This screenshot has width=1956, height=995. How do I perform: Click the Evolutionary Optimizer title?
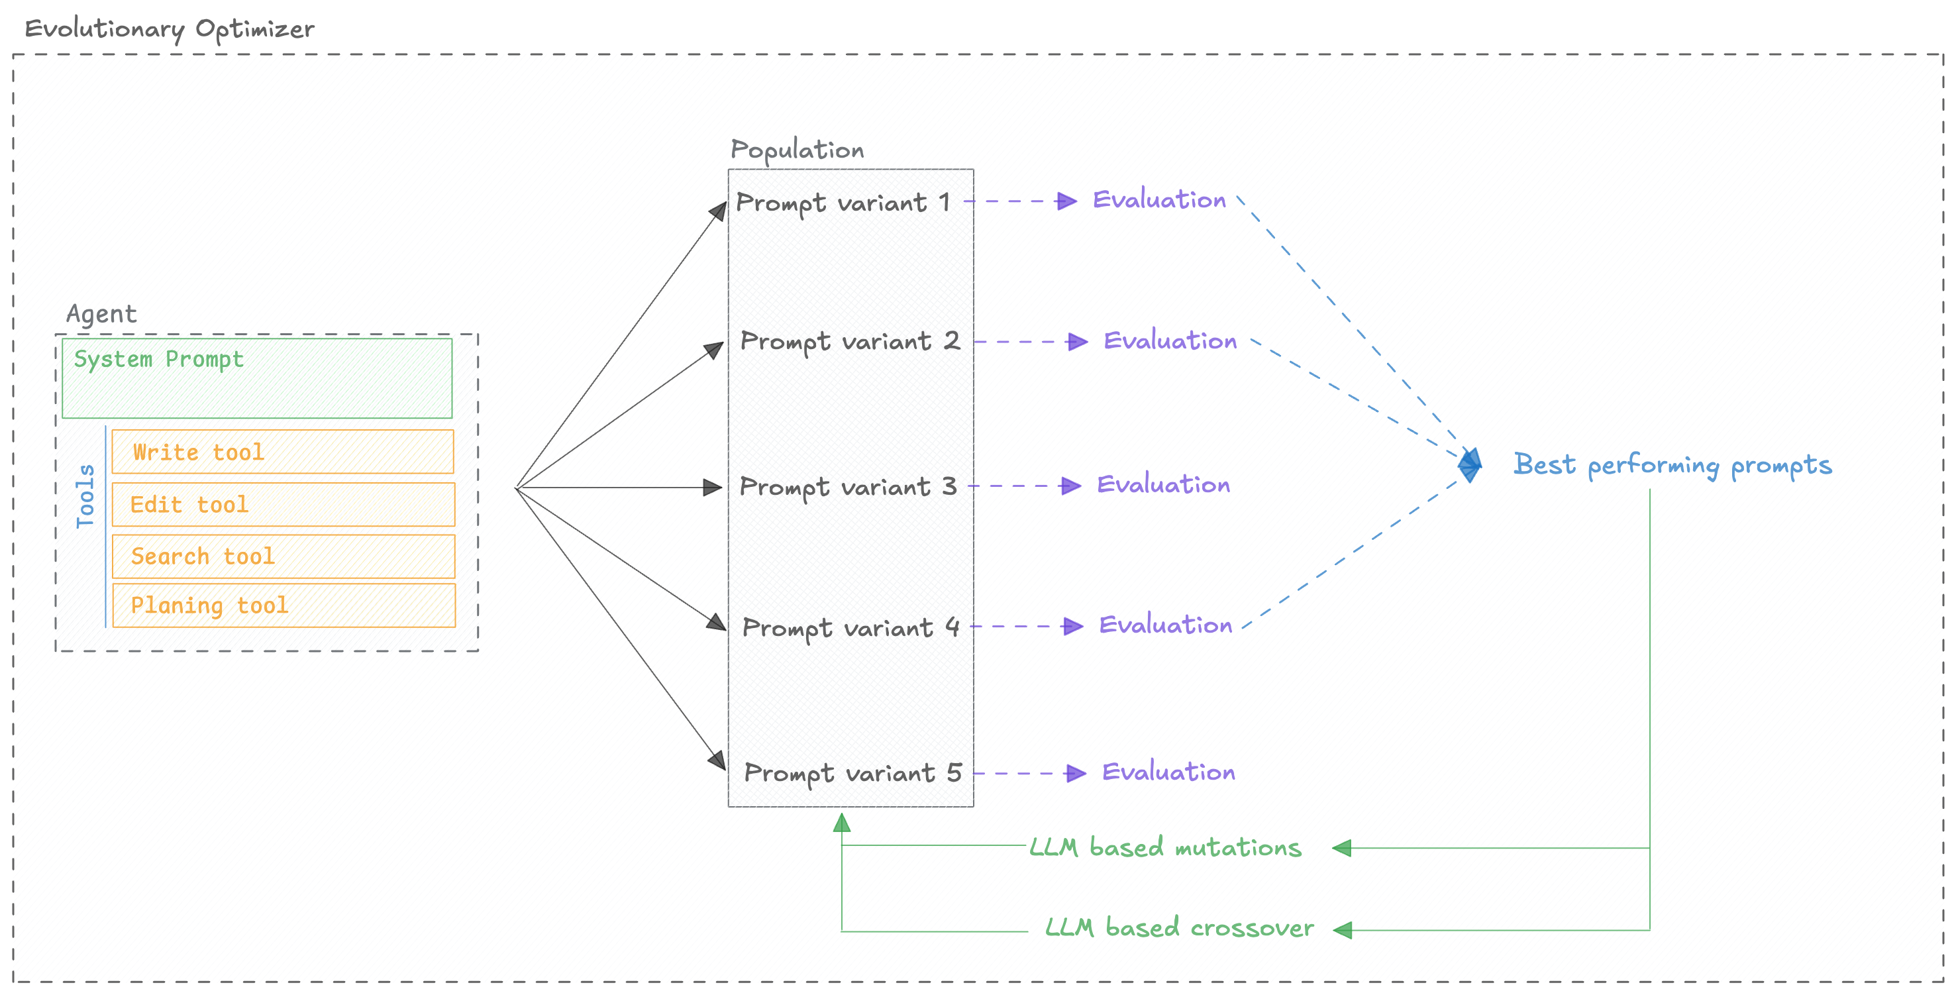(170, 29)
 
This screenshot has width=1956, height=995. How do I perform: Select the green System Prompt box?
(256, 378)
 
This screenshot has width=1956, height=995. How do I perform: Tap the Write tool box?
(282, 452)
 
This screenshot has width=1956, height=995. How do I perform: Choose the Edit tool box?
(282, 504)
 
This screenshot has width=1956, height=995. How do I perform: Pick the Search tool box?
(282, 556)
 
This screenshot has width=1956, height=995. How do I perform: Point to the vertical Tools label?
(85, 496)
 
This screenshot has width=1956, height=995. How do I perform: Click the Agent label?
(101, 314)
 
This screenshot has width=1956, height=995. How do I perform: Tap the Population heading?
(797, 150)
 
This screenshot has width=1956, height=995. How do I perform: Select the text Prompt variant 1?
(843, 203)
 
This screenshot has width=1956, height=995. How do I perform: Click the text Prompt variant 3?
(847, 486)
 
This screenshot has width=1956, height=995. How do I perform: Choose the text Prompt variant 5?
(852, 773)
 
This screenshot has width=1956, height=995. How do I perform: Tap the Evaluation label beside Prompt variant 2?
(1169, 341)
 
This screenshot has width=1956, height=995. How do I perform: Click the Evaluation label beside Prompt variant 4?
(1165, 625)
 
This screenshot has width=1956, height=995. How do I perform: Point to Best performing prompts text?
(1672, 464)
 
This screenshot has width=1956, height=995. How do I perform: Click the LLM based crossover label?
(1178, 927)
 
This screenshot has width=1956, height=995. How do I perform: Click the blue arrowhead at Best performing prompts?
(1470, 464)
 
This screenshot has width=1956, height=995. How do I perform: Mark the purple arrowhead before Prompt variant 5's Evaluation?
(1075, 773)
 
